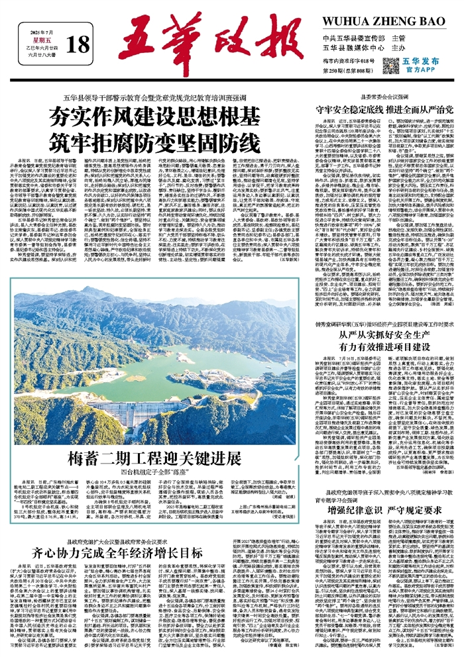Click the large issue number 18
click(x=78, y=45)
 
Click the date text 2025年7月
click(x=45, y=30)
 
